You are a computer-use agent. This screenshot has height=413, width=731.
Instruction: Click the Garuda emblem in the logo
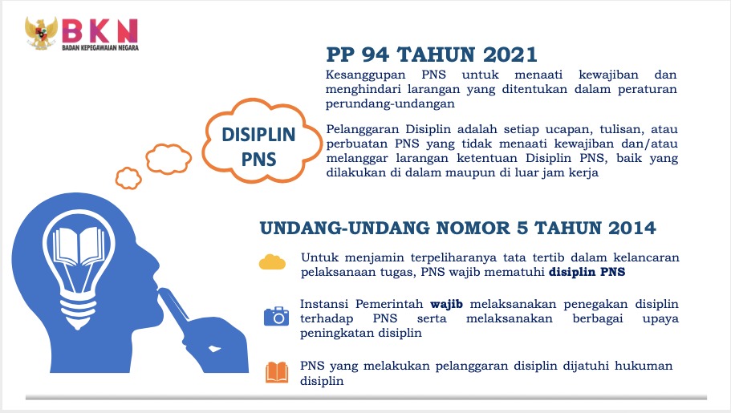pos(42,33)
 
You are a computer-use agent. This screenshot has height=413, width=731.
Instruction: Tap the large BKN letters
pos(99,30)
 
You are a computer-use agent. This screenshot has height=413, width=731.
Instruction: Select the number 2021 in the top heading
pos(510,55)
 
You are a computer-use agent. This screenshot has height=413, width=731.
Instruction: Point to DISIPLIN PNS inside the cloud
pos(258,147)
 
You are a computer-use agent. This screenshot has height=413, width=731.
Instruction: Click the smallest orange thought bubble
pos(128,178)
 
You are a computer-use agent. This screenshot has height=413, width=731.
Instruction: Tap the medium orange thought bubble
pos(169,159)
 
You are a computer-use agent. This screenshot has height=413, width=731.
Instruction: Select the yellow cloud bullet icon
pos(272,262)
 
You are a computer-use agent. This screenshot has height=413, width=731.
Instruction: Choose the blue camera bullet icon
pos(277,316)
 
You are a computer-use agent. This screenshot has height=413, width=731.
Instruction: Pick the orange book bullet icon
pos(277,373)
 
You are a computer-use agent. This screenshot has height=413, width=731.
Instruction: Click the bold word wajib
pos(446,305)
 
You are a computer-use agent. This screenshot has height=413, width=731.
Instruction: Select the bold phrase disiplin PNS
pos(587,272)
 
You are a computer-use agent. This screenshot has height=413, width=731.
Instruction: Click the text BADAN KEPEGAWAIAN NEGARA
pos(100,47)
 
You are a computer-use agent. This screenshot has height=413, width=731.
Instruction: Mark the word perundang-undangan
pos(390,104)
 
